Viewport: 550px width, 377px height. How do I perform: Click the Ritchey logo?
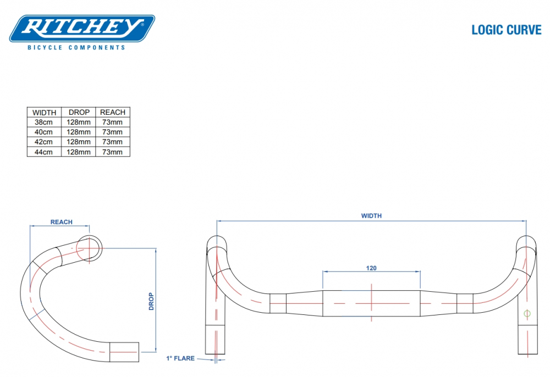coord(82,28)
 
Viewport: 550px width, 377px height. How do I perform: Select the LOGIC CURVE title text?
coord(506,30)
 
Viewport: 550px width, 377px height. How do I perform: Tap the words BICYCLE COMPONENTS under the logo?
coord(76,48)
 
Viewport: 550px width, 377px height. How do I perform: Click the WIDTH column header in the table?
coord(44,112)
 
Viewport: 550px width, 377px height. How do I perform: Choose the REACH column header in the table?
coord(113,112)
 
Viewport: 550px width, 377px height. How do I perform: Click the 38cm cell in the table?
coord(44,122)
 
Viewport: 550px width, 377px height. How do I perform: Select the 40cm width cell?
coord(44,132)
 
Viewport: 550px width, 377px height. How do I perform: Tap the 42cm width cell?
coord(44,142)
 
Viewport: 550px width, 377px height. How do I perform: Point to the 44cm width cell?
coord(44,152)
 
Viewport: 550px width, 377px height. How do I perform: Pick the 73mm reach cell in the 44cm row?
coord(113,152)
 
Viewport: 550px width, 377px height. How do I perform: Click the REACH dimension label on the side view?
coord(61,222)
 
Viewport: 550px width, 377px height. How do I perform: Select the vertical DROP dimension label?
coord(151,301)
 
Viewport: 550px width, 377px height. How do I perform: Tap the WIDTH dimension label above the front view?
coord(371,216)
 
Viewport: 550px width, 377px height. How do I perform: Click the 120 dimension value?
coord(371,268)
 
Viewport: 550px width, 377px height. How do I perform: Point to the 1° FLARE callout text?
coord(180,358)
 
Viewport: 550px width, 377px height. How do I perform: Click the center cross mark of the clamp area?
coord(371,303)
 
